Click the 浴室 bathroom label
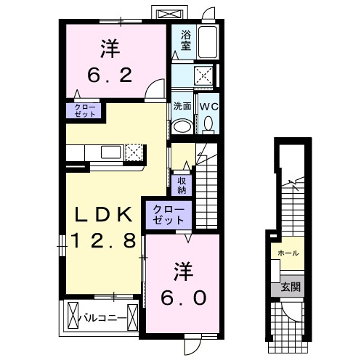(186, 41)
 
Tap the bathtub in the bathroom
(208, 42)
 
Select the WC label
(208, 107)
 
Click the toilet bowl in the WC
(208, 125)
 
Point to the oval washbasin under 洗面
(182, 126)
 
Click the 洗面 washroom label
(182, 106)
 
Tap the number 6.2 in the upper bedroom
(110, 75)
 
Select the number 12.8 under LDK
(102, 240)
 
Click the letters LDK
(104, 214)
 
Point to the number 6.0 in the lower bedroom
(183, 298)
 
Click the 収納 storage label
(182, 186)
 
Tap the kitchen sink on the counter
(110, 152)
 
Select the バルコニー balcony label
(103, 318)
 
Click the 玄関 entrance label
(291, 287)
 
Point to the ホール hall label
(288, 253)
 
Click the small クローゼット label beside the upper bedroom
(84, 111)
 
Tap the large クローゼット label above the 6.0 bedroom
(169, 215)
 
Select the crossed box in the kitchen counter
(134, 152)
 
